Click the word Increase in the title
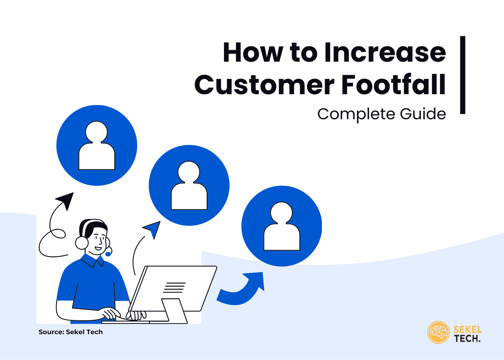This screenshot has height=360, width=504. pyautogui.click(x=385, y=52)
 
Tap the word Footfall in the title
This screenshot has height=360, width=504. pyautogui.click(x=393, y=84)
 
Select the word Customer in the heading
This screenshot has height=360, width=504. pyautogui.click(x=264, y=84)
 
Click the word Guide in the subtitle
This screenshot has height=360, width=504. pyautogui.click(x=422, y=114)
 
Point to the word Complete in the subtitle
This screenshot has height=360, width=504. pyautogui.click(x=356, y=114)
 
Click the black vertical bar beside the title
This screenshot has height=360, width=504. pyautogui.click(x=462, y=75)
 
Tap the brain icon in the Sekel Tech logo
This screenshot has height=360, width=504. pyautogui.click(x=438, y=332)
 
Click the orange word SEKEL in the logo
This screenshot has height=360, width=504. pyautogui.click(x=467, y=329)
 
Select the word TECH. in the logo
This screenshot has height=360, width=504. pyautogui.click(x=467, y=339)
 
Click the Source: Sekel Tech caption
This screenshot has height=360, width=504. pyautogui.click(x=71, y=332)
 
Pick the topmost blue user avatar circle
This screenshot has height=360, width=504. pyautogui.click(x=97, y=145)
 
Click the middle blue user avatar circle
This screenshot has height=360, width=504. pyautogui.click(x=189, y=185)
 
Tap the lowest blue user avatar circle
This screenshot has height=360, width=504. pyautogui.click(x=282, y=226)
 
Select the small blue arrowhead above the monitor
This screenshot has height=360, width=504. pyautogui.click(x=153, y=228)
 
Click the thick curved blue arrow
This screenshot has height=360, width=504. pyautogui.click(x=243, y=290)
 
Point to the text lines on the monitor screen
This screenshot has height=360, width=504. pyautogui.click(x=174, y=287)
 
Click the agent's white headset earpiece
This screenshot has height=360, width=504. pyautogui.click(x=82, y=243)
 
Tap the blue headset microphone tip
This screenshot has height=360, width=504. pyautogui.click(x=108, y=254)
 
